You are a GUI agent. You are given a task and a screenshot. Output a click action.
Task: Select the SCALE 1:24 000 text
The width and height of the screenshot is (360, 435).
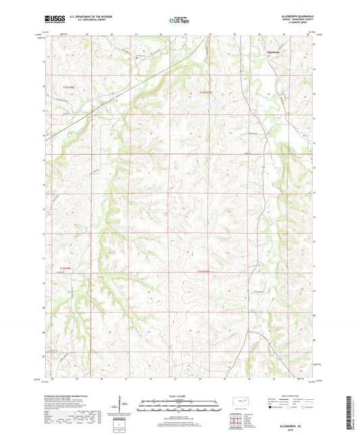pos(180,396)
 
